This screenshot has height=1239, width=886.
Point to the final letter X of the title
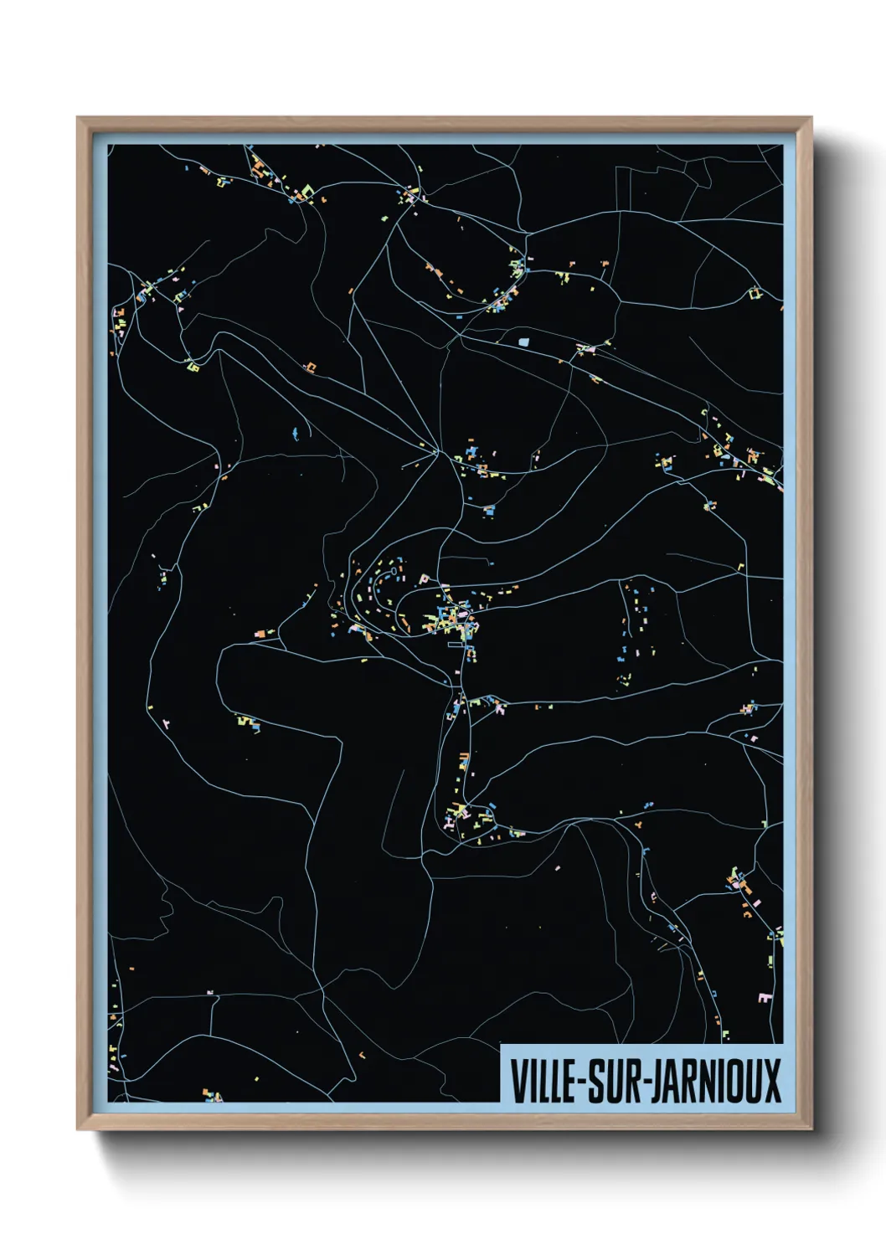pyautogui.click(x=771, y=1081)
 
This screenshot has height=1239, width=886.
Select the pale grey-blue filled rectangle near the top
pyautogui.click(x=525, y=342)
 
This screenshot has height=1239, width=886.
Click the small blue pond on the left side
pyautogui.click(x=295, y=434)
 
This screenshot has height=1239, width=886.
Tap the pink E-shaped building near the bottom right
pyautogui.click(x=764, y=998)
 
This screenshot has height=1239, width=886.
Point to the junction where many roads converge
pyautogui.click(x=437, y=452)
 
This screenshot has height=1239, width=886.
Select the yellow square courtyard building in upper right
pyautogui.click(x=755, y=293)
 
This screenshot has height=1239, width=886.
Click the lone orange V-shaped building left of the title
pyautogui.click(x=362, y=1054)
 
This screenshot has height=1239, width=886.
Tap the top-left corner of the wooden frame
pyautogui.click(x=78, y=118)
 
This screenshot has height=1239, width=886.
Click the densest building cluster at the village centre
pyautogui.click(x=452, y=618)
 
